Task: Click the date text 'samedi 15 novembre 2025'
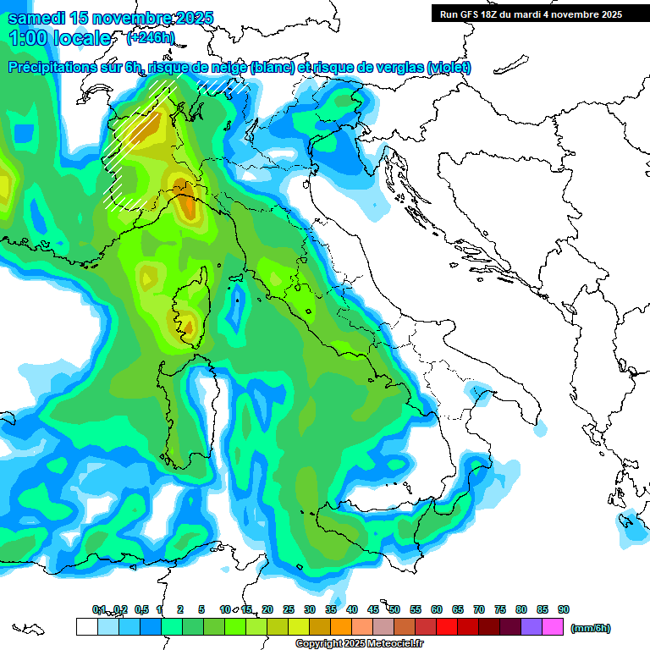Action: (111, 18)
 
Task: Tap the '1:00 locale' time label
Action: (60, 38)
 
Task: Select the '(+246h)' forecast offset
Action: (151, 38)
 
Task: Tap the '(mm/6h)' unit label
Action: (590, 628)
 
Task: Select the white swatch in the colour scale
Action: (86, 627)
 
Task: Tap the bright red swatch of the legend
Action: (447, 627)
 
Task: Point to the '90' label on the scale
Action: (564, 609)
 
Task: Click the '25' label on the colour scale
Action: (289, 609)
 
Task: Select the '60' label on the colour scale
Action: (437, 609)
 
